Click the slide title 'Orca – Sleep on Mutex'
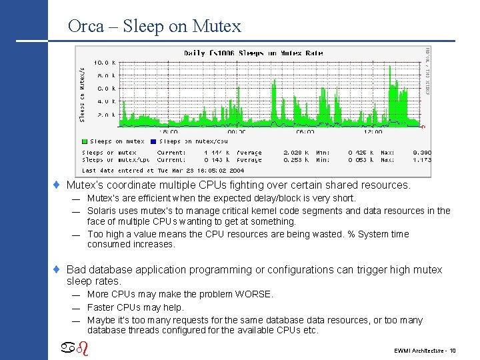pyautogui.click(x=154, y=27)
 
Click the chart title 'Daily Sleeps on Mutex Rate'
pyautogui.click(x=253, y=53)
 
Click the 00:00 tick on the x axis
pyautogui.click(x=237, y=132)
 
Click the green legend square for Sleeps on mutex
pyautogui.click(x=85, y=141)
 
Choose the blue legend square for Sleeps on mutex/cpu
pyautogui.click(x=153, y=141)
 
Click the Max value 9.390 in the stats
pyautogui.click(x=421, y=153)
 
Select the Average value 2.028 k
pyautogui.click(x=295, y=153)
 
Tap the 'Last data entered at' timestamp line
pyautogui.click(x=163, y=170)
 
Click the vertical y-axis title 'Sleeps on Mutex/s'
pyautogui.click(x=83, y=93)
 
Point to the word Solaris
pyautogui.click(x=102, y=211)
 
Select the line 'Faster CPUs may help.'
pyautogui.click(x=135, y=307)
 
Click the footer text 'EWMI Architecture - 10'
pyautogui.click(x=425, y=350)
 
